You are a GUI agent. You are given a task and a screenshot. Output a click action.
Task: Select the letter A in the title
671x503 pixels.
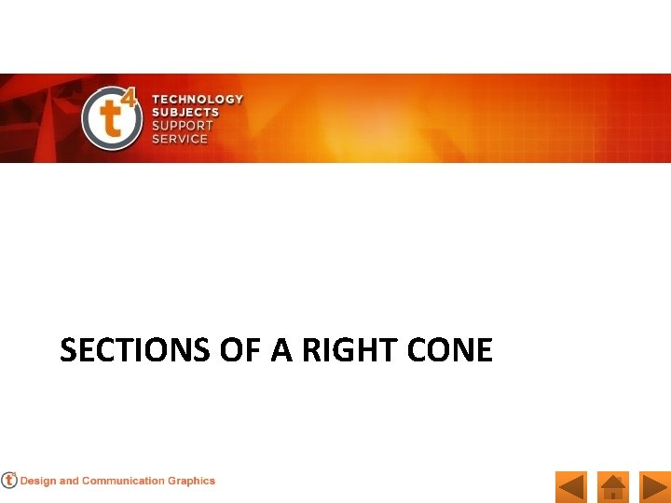pyautogui.click(x=281, y=350)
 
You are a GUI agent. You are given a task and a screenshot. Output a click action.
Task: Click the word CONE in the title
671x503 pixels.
pyautogui.click(x=450, y=350)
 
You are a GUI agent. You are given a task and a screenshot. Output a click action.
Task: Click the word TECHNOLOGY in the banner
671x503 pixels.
pyautogui.click(x=198, y=99)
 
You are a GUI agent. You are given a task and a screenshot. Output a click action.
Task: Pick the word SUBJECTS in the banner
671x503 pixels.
pyautogui.click(x=185, y=112)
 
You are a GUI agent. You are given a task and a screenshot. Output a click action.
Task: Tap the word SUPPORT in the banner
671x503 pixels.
pyautogui.click(x=183, y=125)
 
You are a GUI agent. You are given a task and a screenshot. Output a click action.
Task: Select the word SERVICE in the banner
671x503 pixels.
pyautogui.click(x=180, y=138)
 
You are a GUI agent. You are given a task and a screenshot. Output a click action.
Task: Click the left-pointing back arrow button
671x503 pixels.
pyautogui.click(x=570, y=487)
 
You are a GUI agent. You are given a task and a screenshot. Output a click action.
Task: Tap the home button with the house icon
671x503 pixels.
pyautogui.click(x=613, y=487)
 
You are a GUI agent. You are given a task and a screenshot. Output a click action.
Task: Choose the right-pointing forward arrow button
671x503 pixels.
pyautogui.click(x=655, y=487)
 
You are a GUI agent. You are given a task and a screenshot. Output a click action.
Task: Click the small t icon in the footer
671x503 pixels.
pyautogui.click(x=9, y=481)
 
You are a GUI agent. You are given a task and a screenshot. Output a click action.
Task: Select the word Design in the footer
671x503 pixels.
pyautogui.click(x=38, y=482)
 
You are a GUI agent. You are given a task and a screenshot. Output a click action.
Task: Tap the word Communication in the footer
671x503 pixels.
pyautogui.click(x=123, y=482)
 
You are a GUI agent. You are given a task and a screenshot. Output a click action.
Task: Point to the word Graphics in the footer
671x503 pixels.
pyautogui.click(x=191, y=482)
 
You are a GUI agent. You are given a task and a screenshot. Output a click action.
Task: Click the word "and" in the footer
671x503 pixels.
pyautogui.click(x=69, y=482)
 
